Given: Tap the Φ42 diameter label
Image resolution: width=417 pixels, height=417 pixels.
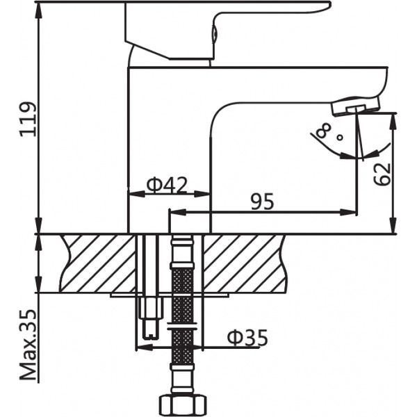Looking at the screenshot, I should click(167, 185).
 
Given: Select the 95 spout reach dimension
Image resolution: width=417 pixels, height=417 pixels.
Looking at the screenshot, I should click(262, 202).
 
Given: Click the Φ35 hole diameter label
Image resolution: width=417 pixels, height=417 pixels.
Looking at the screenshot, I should click(247, 338).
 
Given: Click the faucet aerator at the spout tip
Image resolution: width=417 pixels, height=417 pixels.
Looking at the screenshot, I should click(354, 106).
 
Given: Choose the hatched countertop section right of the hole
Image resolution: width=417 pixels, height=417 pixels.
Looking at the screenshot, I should click(243, 263).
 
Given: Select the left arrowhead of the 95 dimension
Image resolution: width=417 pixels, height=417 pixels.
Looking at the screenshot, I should click(174, 212).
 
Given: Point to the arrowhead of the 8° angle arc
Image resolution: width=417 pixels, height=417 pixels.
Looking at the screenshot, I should click(346, 156).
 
